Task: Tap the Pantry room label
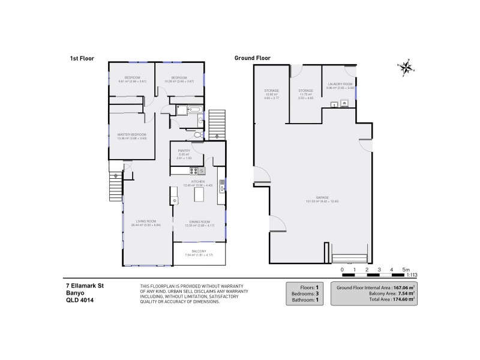184,151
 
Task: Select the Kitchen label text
198,181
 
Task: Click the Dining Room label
198,221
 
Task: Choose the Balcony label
199,251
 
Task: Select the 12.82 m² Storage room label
272,91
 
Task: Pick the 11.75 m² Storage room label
305,91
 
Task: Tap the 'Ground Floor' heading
253,58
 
